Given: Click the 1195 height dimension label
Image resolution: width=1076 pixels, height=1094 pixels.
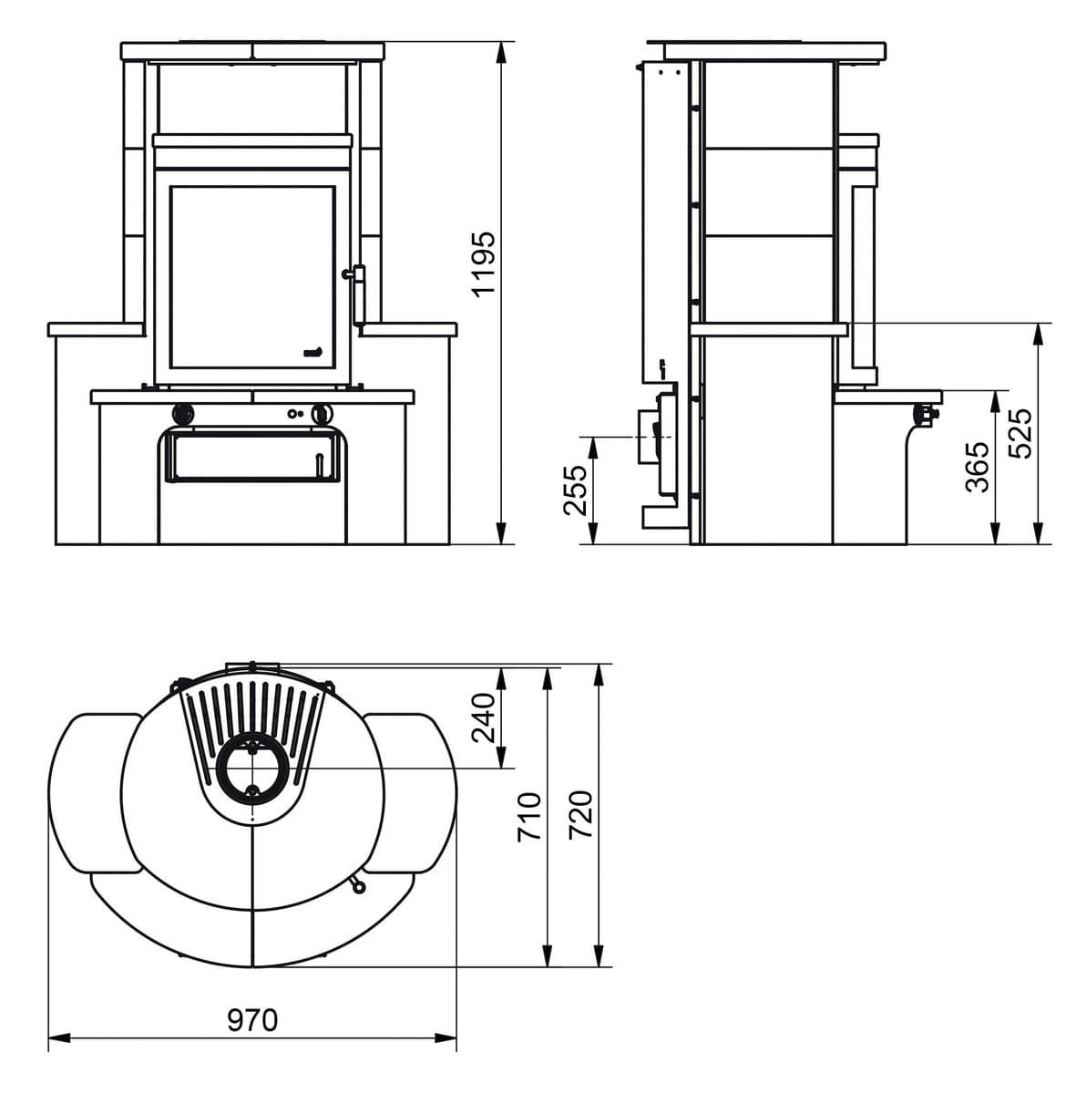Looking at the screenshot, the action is (484, 263).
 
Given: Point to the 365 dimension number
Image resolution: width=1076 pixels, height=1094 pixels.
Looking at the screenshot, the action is (977, 466).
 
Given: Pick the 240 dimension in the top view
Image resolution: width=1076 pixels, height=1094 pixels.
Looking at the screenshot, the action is (484, 717).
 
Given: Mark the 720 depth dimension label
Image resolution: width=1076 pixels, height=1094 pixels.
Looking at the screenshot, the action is (580, 814).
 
